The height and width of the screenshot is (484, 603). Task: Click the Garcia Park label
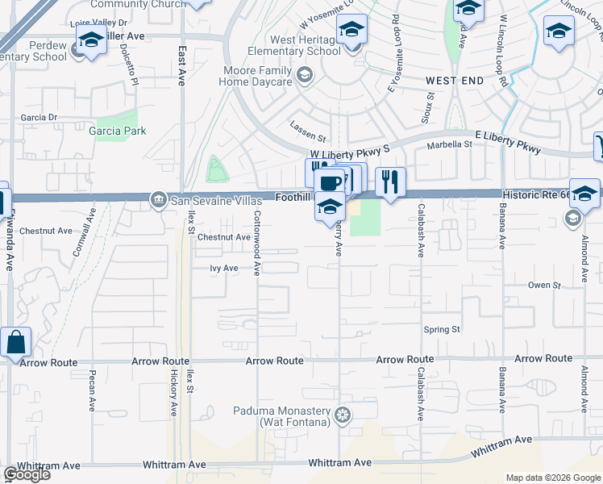click(x=118, y=131)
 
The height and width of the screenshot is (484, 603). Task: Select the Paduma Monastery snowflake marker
click(x=343, y=415)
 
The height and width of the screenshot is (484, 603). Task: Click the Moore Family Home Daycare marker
click(x=304, y=77)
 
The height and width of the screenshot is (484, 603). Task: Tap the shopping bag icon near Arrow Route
click(x=15, y=342)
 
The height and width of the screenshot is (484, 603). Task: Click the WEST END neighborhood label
click(x=455, y=81)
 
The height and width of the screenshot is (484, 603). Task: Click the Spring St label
click(x=442, y=329)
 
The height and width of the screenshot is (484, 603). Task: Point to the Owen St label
click(x=543, y=286)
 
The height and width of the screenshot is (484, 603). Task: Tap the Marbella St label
click(x=451, y=144)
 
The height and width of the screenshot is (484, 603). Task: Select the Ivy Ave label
click(x=224, y=268)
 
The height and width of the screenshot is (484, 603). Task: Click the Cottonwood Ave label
click(x=258, y=243)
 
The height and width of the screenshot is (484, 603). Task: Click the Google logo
click(x=27, y=474)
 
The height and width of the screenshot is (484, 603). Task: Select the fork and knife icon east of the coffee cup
click(x=390, y=181)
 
